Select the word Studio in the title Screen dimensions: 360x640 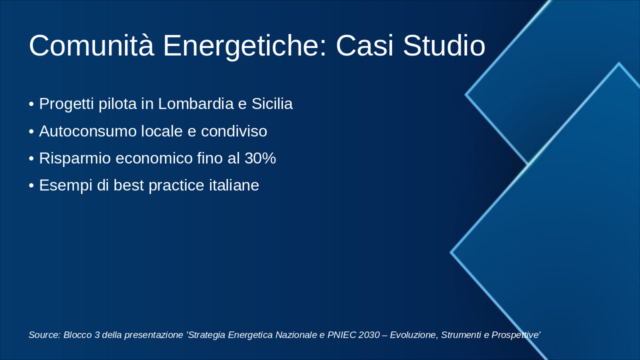click(x=443, y=46)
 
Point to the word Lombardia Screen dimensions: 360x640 click(x=196, y=104)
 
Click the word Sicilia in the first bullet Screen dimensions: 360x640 click(x=271, y=104)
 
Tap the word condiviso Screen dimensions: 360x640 click(x=234, y=131)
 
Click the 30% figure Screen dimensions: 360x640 click(x=260, y=158)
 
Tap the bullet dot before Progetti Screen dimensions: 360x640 click(x=31, y=104)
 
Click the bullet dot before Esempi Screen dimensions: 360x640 click(x=31, y=186)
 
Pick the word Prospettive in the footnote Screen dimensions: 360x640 click(x=515, y=335)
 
